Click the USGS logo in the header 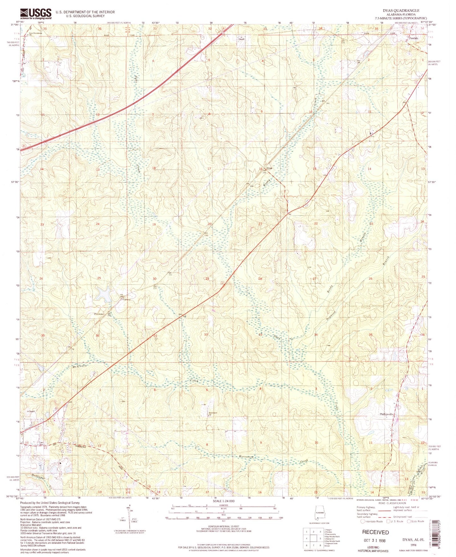point(36,14)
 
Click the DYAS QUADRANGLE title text point(401,10)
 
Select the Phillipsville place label point(386,415)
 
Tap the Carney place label point(126,299)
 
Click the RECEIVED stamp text point(375,532)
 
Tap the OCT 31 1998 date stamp point(375,540)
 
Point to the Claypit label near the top point(241,39)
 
